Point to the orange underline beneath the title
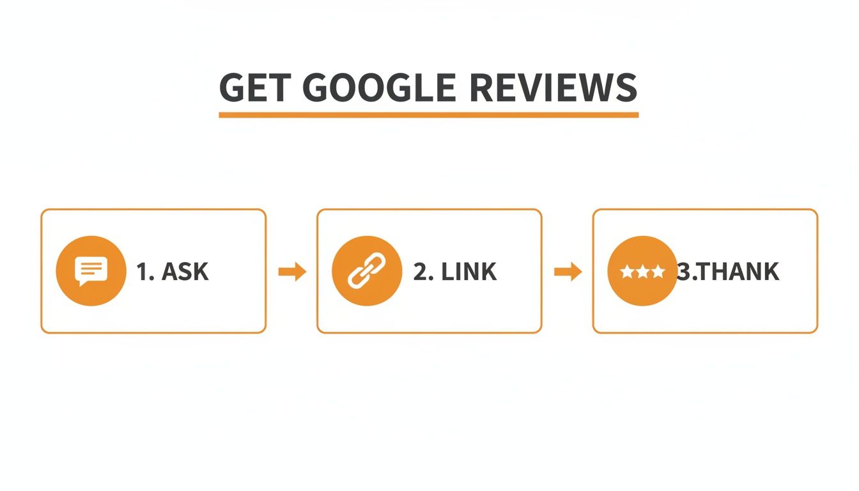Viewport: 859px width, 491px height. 428,115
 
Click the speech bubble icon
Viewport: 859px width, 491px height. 91,271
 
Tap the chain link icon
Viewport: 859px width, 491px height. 367,271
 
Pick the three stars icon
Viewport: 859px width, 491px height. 642,272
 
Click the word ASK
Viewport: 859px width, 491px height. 185,272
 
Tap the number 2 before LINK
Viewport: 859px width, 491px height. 421,272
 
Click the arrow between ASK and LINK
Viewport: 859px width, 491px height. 292,272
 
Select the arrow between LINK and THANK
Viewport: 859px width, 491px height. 568,272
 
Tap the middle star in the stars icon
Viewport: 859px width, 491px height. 642,272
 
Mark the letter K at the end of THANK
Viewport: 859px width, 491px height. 771,272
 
